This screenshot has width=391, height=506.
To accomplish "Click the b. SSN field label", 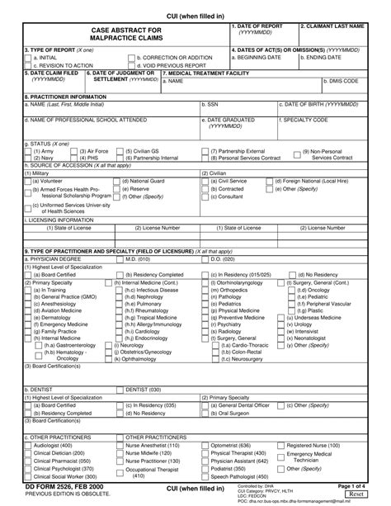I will pos(210,105).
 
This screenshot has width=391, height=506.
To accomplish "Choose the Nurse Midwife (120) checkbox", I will pos(120,453).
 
